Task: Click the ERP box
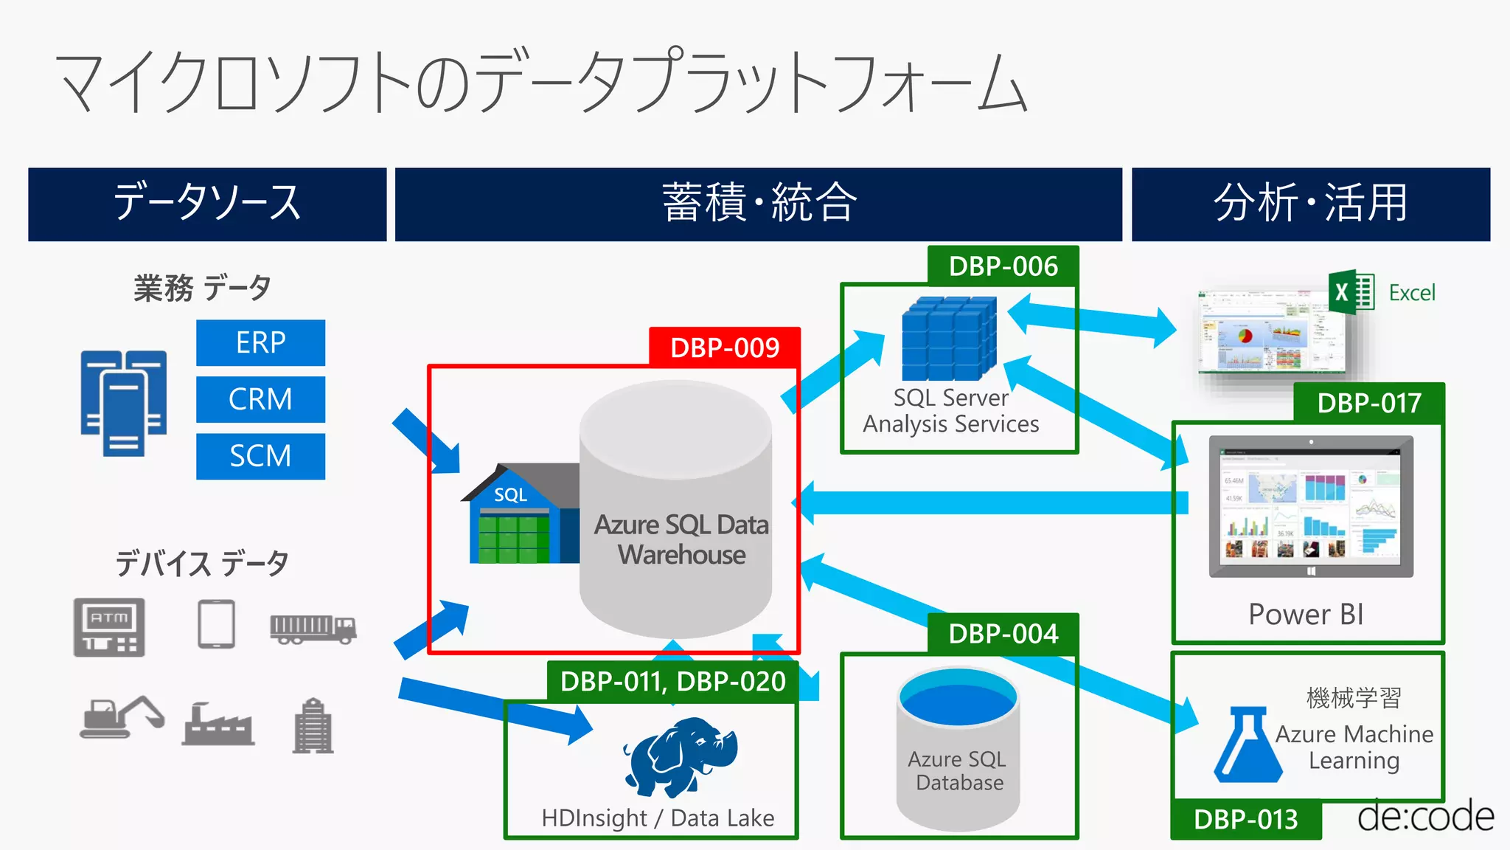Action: (260, 342)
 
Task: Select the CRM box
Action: (260, 399)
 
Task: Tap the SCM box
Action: (260, 456)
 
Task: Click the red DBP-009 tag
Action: (724, 347)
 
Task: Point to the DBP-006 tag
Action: (1003, 266)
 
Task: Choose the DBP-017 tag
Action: (1369, 403)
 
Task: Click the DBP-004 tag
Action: (1003, 633)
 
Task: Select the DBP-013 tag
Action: (1245, 819)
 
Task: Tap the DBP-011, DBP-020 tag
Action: (672, 681)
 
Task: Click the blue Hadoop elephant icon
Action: (680, 756)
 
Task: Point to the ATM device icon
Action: (109, 627)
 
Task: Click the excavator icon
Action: (122, 716)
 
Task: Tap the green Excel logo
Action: (1351, 292)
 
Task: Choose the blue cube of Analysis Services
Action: (950, 338)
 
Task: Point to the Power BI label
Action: (1306, 614)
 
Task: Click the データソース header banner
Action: (207, 204)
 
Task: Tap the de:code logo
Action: (1425, 817)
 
